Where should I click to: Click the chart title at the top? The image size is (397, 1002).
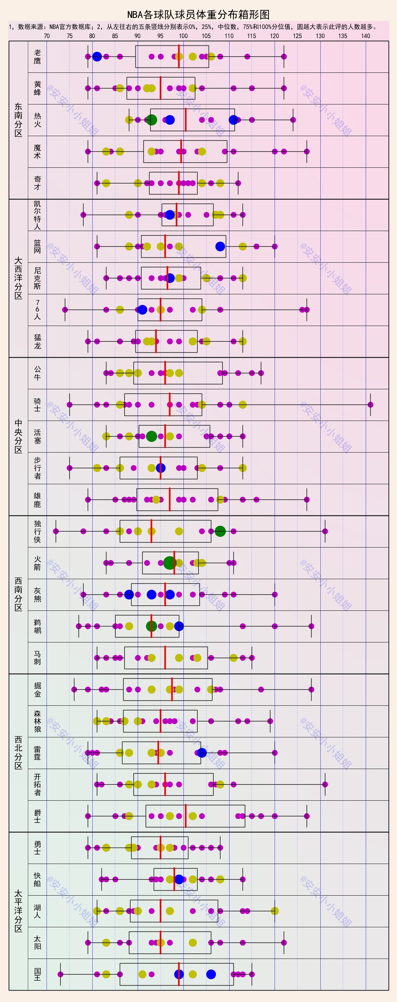198,15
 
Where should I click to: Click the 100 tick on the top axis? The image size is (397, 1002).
183,36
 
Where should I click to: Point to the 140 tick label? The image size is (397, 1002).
365,36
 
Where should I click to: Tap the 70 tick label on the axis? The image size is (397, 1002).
47,36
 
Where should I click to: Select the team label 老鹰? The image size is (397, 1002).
37,57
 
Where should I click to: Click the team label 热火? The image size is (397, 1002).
37,120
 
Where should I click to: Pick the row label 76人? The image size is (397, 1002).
37,310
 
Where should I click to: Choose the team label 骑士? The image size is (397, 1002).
37,405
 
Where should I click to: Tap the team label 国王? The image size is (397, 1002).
37,974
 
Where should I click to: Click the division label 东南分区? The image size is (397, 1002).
18,120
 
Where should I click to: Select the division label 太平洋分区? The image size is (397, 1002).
18,911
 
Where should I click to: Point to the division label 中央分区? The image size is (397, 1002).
18,437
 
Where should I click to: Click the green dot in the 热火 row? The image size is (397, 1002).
151,120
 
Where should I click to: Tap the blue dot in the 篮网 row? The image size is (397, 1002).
220,246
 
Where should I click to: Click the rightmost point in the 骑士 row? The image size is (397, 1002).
371,405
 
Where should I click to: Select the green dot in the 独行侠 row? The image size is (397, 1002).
220,531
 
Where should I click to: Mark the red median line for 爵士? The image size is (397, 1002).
186,816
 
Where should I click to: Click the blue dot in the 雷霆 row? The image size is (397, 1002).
202,753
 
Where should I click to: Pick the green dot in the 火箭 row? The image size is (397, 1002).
169,563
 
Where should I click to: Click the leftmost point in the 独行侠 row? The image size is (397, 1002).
56,531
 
